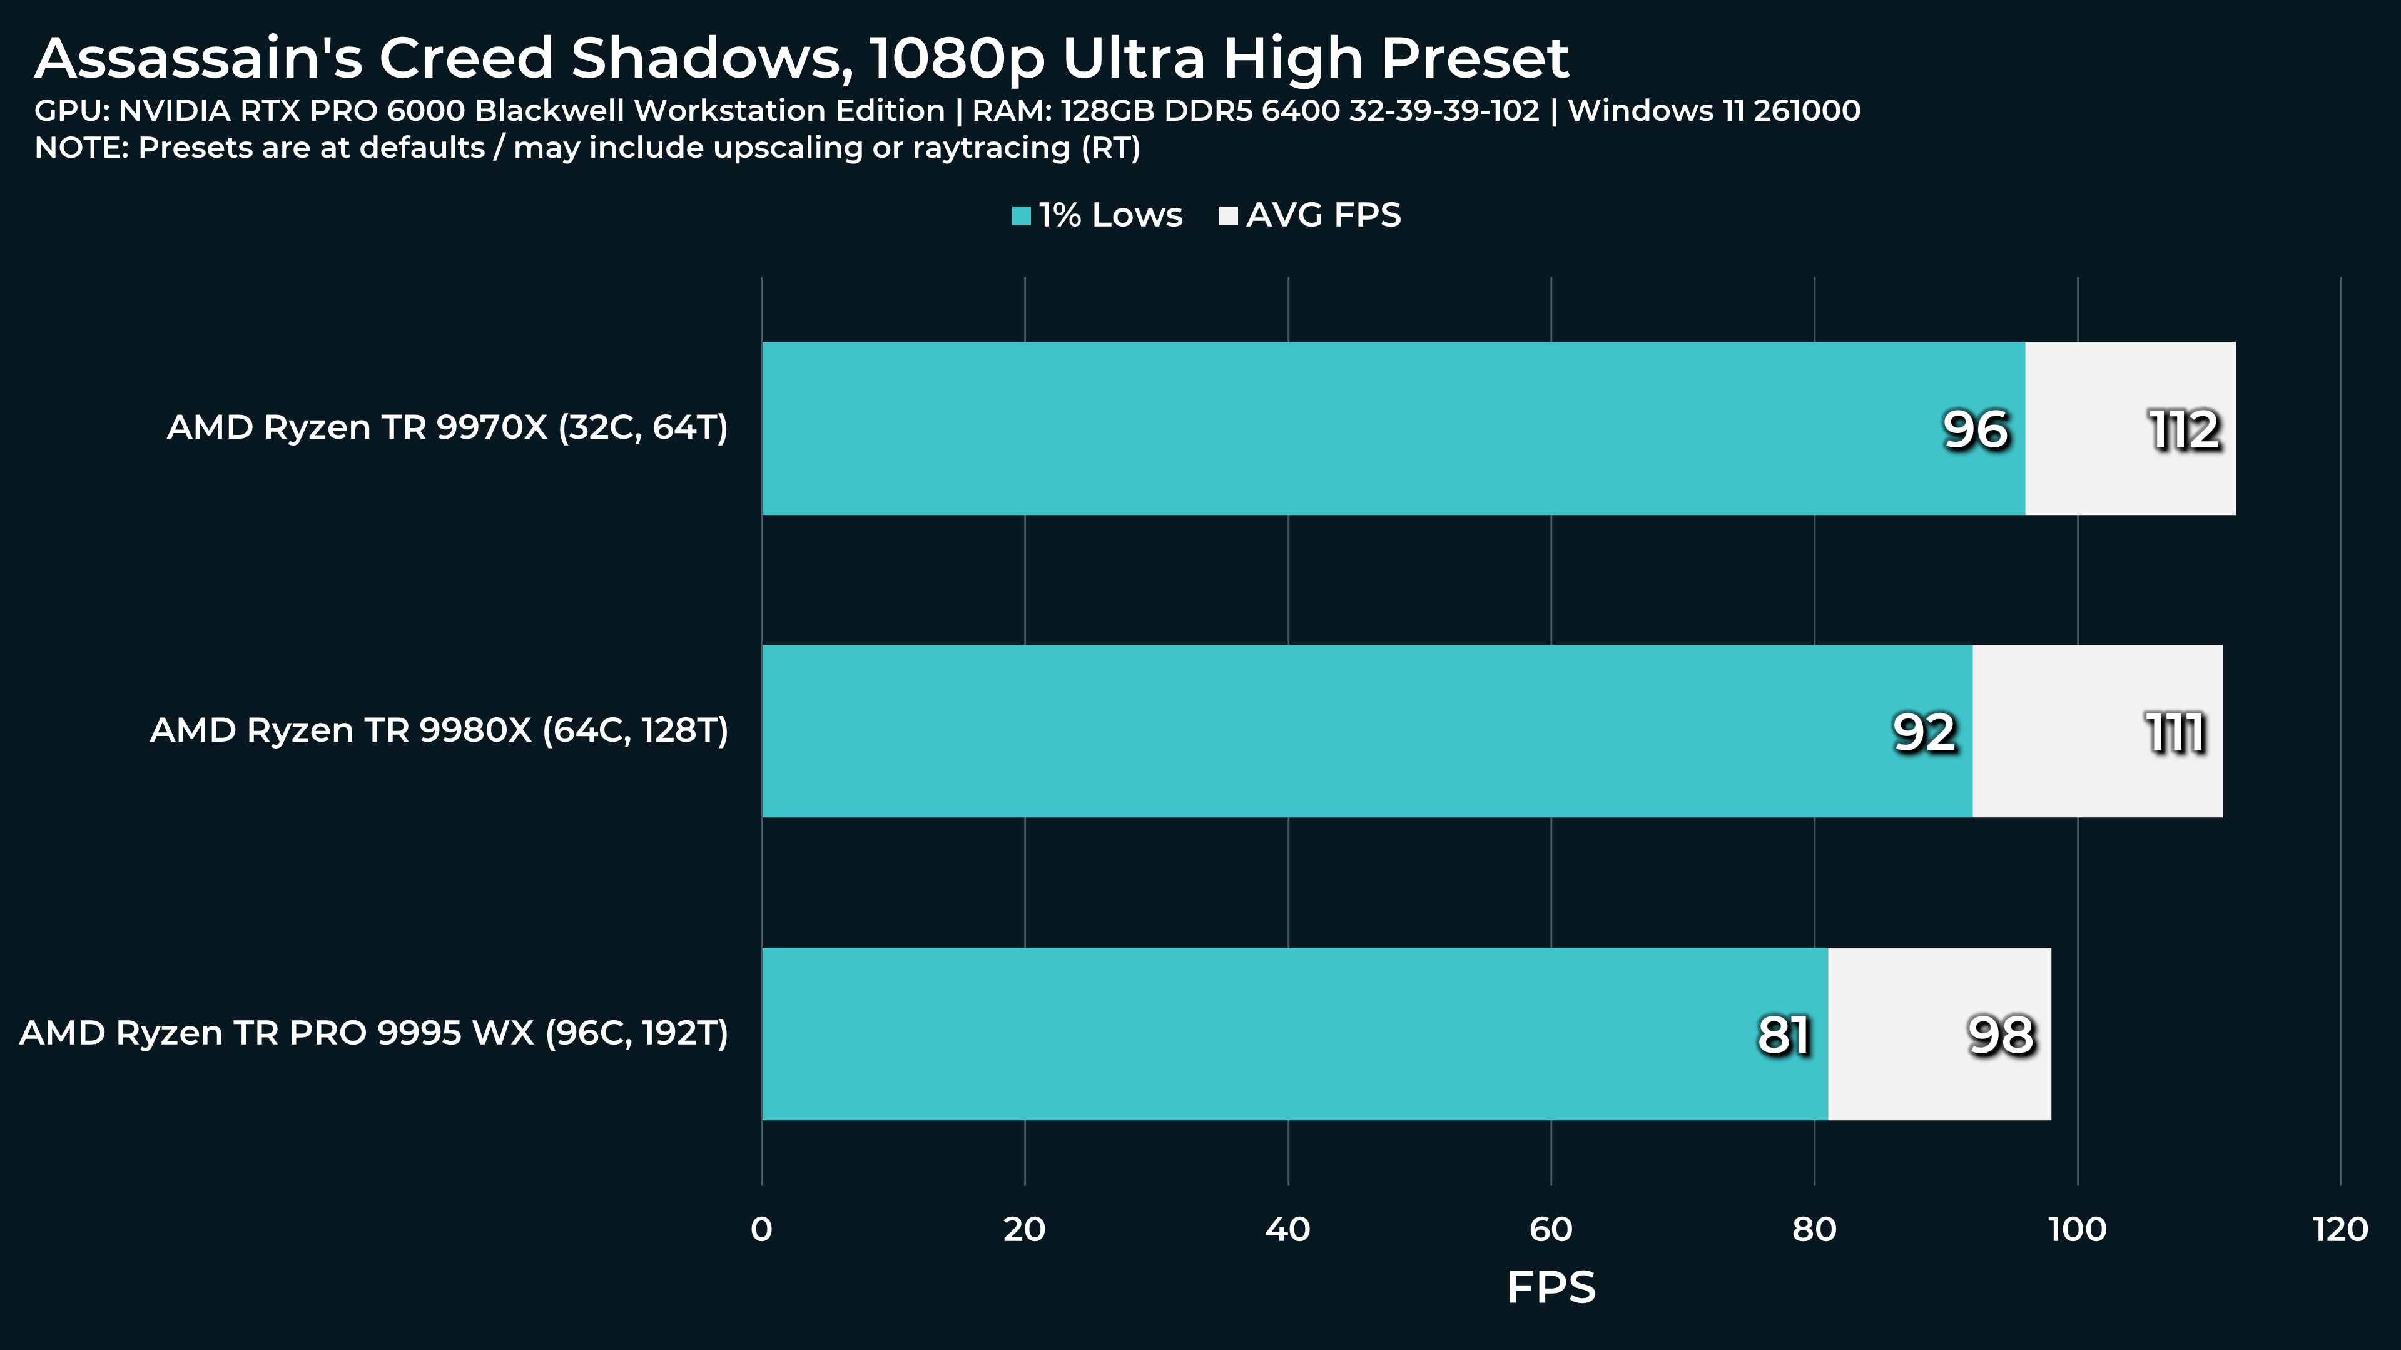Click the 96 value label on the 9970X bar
[x=1975, y=430]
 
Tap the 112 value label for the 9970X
[x=2184, y=430]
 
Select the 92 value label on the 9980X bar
[x=1924, y=733]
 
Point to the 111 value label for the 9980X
[x=2175, y=733]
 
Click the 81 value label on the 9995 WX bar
[x=1783, y=1035]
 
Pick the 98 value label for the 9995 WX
[x=2000, y=1035]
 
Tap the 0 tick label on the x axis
[x=761, y=1230]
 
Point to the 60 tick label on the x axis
[x=1551, y=1230]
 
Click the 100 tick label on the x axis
[x=2077, y=1230]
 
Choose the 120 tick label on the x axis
[x=2340, y=1230]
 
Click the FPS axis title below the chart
[x=1551, y=1287]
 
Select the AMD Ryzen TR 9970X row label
[x=447, y=428]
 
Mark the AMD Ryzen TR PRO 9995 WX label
[x=373, y=1033]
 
